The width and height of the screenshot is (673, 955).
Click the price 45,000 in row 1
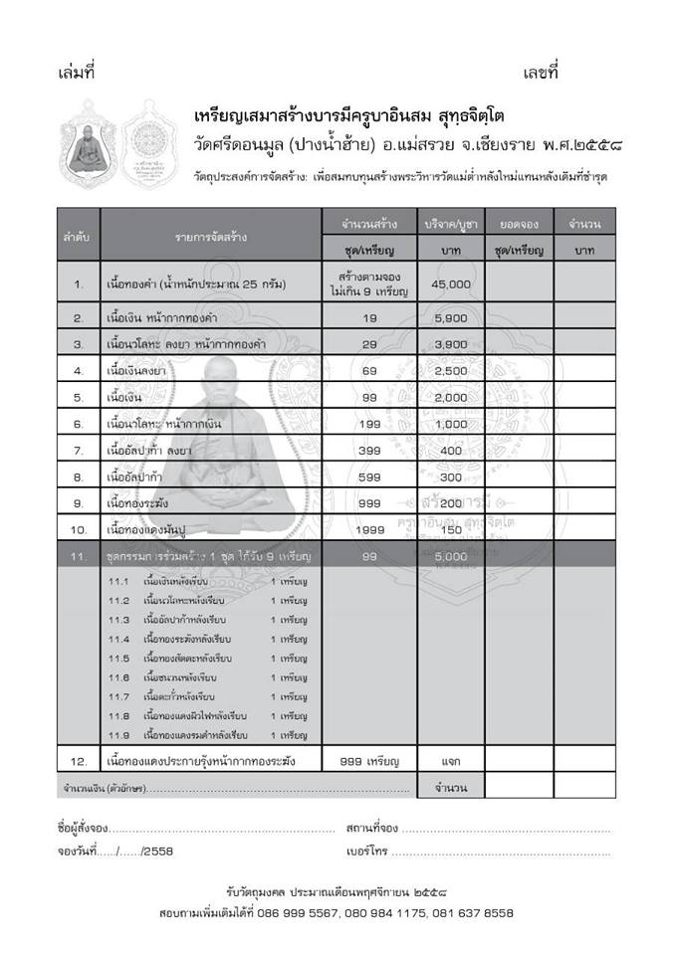(451, 285)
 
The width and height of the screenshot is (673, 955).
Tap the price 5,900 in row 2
(451, 318)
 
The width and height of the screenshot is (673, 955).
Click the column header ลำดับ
(78, 237)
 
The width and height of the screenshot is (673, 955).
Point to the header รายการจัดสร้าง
(210, 237)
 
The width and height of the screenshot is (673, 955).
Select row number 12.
(78, 762)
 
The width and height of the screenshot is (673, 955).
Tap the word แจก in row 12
(451, 762)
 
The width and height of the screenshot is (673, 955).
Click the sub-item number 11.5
(119, 659)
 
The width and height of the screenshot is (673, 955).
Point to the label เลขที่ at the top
(541, 73)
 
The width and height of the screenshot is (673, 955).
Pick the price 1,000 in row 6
(451, 424)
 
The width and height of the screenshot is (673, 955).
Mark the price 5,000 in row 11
(451, 557)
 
